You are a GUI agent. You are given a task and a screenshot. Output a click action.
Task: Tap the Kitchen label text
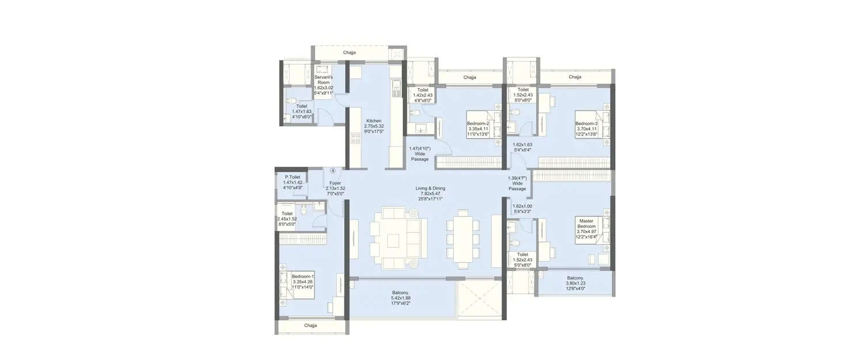373,120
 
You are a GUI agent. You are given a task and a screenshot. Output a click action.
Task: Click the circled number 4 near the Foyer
333,170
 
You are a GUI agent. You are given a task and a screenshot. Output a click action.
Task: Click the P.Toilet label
293,177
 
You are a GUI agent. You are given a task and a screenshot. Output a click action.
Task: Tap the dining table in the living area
463,238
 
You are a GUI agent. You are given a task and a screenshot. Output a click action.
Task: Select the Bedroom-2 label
478,123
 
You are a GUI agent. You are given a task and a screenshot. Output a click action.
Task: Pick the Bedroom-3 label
586,123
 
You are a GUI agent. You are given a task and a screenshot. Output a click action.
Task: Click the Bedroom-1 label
303,276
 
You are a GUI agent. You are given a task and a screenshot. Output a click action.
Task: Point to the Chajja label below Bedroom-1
310,325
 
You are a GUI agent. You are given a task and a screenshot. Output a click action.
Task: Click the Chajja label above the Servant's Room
350,52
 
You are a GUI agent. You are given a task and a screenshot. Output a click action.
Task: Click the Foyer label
335,183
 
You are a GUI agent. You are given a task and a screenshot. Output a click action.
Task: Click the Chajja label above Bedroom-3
575,77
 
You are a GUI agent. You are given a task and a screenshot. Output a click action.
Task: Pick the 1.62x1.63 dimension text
522,144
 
